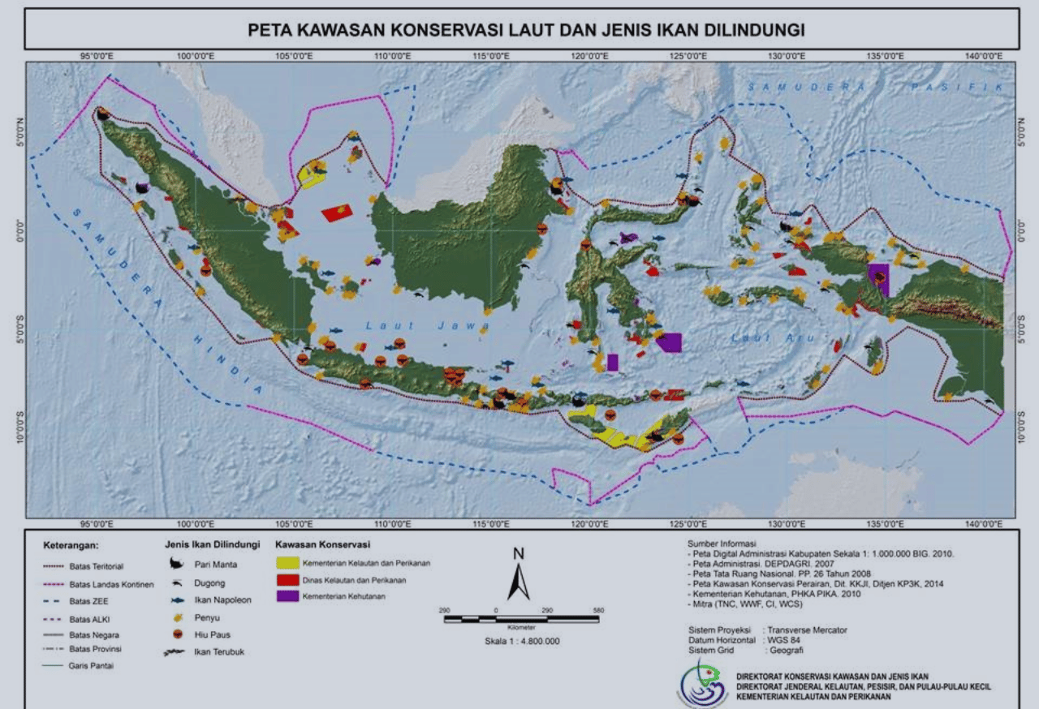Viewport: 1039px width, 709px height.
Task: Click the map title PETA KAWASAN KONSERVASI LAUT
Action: pos(525,31)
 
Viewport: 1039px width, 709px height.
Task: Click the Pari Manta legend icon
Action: pos(175,565)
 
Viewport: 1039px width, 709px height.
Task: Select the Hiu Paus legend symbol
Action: pos(175,634)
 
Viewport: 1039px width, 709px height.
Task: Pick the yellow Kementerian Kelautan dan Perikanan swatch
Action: pos(287,562)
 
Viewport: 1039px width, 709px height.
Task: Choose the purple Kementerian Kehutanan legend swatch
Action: pos(287,596)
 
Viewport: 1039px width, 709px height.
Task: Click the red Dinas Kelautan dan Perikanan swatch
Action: pos(287,579)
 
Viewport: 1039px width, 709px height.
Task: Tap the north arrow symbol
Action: pos(519,577)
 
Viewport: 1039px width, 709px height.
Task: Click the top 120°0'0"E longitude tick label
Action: pos(589,56)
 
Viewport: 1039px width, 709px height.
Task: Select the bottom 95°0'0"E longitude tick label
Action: pos(97,523)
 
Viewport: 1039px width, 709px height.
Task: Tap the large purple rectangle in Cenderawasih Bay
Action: pos(877,278)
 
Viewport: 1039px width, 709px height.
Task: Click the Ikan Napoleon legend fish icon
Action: pos(175,600)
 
